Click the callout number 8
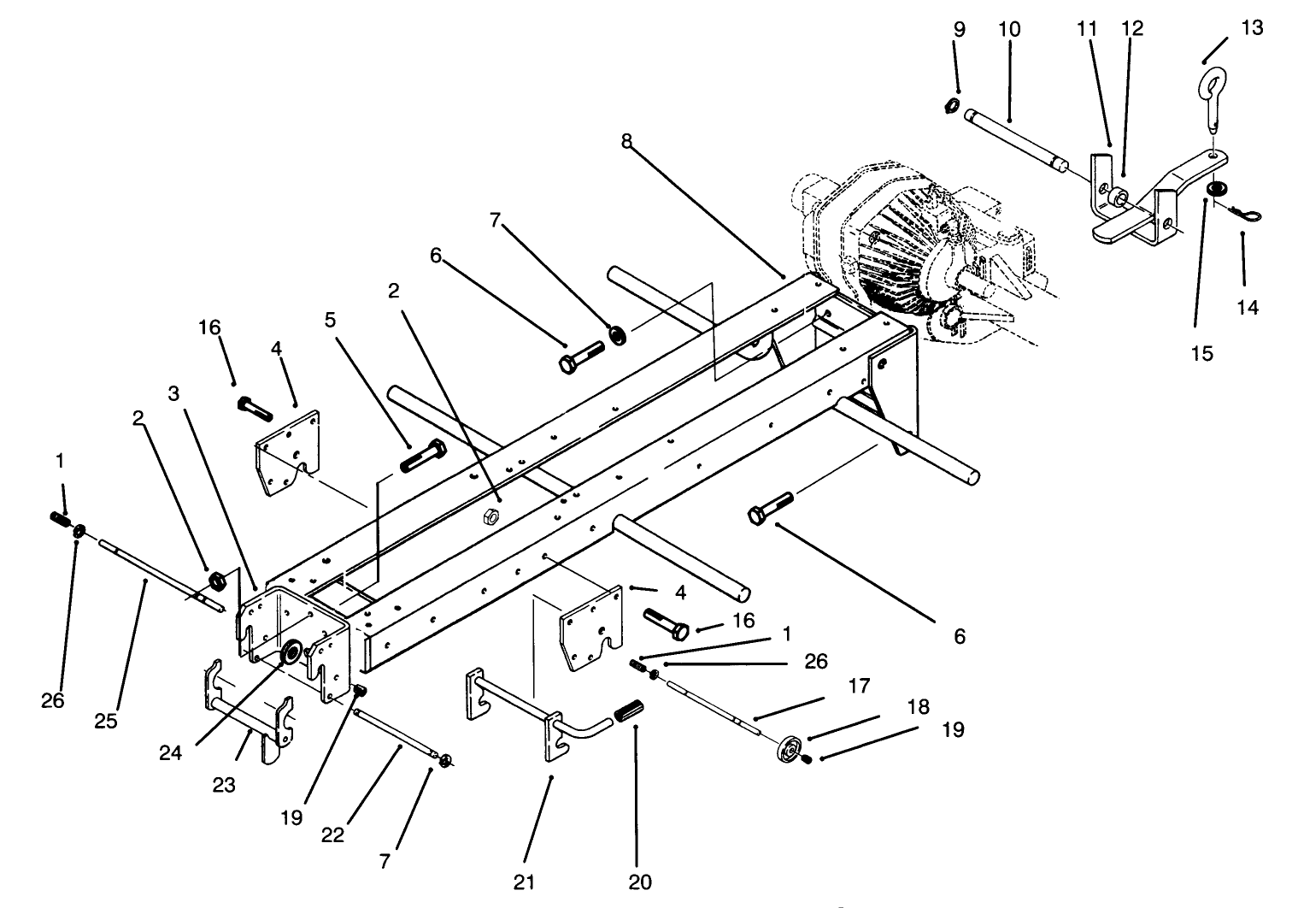[626, 141]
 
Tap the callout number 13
[1252, 27]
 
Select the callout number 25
[106, 721]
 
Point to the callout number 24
[170, 752]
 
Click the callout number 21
[524, 881]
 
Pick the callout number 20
[640, 881]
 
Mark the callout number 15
[1202, 353]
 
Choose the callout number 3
[173, 393]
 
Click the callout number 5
[331, 320]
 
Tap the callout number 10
[1009, 29]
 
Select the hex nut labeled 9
[951, 107]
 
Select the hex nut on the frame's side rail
[490, 516]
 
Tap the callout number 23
[224, 785]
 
